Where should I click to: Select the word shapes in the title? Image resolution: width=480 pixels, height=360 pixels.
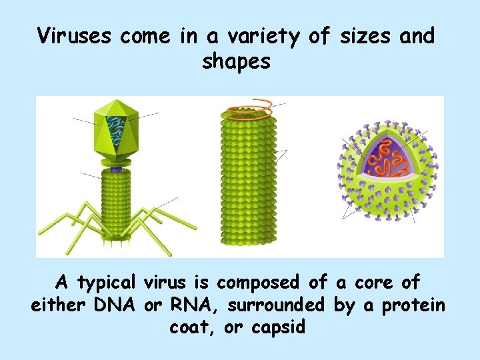coord(237,62)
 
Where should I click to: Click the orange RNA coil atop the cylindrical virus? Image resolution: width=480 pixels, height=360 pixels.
coord(249,109)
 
